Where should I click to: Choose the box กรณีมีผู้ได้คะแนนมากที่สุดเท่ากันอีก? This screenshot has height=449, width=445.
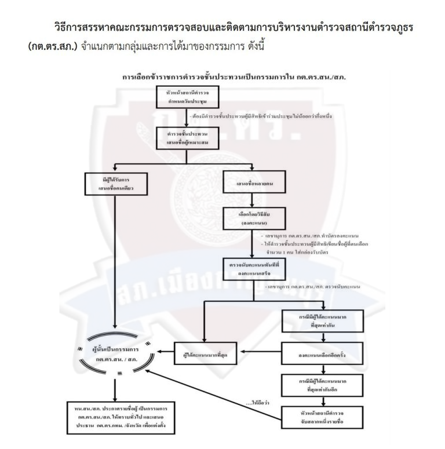[x=323, y=384]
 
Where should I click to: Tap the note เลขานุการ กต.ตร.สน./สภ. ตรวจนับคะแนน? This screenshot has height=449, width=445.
[x=320, y=286]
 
